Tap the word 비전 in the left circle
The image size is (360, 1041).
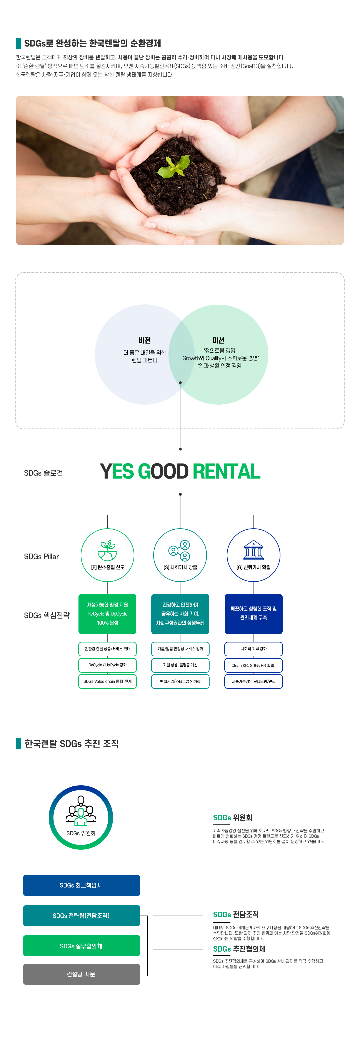tap(145, 340)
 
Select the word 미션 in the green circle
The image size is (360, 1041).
tap(218, 340)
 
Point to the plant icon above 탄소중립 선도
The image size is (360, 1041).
tap(107, 551)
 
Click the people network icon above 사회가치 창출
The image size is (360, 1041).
tap(179, 551)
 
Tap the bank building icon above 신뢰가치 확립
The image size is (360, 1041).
tap(253, 550)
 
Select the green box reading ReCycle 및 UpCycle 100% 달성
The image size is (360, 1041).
tap(107, 614)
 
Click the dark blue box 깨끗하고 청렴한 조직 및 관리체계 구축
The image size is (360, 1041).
tap(253, 614)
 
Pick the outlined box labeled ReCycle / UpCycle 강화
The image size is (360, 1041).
tap(107, 665)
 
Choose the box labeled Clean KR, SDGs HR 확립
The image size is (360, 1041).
tap(253, 665)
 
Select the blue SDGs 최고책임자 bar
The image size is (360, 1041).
tap(82, 885)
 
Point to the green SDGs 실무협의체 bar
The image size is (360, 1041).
tap(82, 946)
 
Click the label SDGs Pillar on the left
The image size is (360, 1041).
tap(41, 556)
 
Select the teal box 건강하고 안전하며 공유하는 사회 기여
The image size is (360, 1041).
tap(180, 614)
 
